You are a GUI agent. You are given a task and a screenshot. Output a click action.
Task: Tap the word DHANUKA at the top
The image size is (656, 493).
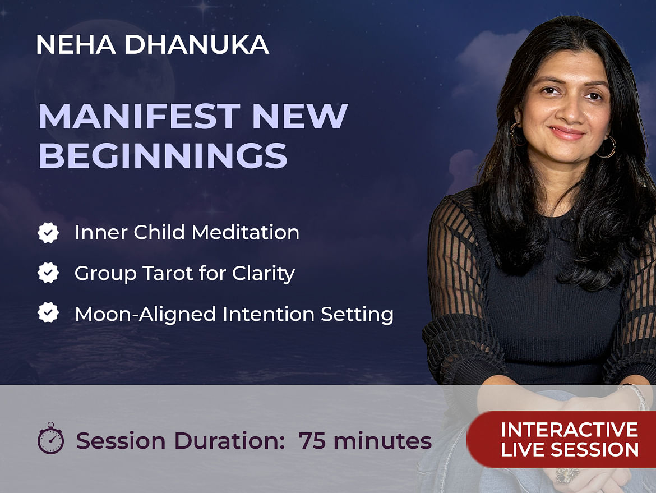[x=197, y=44]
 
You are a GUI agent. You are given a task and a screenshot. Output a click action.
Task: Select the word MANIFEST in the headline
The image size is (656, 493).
[x=139, y=116]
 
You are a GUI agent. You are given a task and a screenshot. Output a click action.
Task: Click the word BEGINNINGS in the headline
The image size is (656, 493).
[x=163, y=155]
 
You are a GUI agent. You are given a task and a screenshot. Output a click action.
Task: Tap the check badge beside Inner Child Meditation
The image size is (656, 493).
[x=48, y=233]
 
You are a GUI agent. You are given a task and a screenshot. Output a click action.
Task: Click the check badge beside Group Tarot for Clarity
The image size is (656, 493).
[x=48, y=273]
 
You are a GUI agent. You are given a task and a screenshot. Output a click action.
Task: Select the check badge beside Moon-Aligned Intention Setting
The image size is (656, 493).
[x=48, y=312]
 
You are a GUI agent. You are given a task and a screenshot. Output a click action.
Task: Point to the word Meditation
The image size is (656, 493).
[x=245, y=232]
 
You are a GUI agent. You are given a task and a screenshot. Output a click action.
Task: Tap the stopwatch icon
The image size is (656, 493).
[x=51, y=438]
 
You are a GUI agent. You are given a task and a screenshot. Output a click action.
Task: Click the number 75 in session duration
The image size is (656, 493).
[x=312, y=441]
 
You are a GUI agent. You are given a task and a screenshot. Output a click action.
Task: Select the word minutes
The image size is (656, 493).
[x=382, y=441]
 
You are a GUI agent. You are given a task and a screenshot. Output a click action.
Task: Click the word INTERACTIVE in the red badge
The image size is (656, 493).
[x=569, y=430]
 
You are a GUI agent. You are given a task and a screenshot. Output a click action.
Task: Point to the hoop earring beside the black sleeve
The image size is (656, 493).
[x=607, y=147]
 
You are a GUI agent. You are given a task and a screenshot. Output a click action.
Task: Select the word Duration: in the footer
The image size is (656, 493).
[x=230, y=441]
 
